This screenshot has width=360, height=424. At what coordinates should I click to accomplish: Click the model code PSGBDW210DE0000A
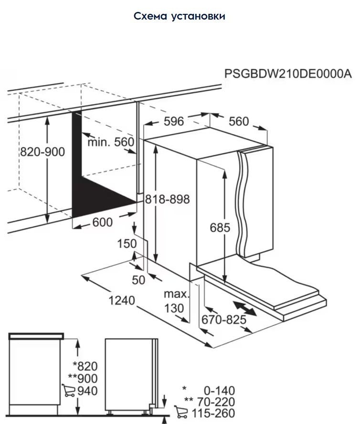[x=288, y=74]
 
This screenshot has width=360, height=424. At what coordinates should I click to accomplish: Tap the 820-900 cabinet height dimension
[x=42, y=152]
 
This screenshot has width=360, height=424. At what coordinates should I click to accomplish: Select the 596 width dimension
[x=174, y=122]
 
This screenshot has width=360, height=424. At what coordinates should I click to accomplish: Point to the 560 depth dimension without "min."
[x=239, y=122]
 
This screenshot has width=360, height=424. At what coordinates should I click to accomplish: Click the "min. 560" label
[x=111, y=142]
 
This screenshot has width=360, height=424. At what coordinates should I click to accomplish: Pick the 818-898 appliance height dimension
[x=168, y=199]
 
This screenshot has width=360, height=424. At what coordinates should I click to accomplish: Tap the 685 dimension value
[x=220, y=228]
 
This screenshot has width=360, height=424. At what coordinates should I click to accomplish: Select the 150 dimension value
[x=127, y=244]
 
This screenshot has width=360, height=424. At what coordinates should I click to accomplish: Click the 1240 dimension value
[x=122, y=301]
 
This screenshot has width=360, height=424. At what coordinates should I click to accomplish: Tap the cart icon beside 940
[x=69, y=391]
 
